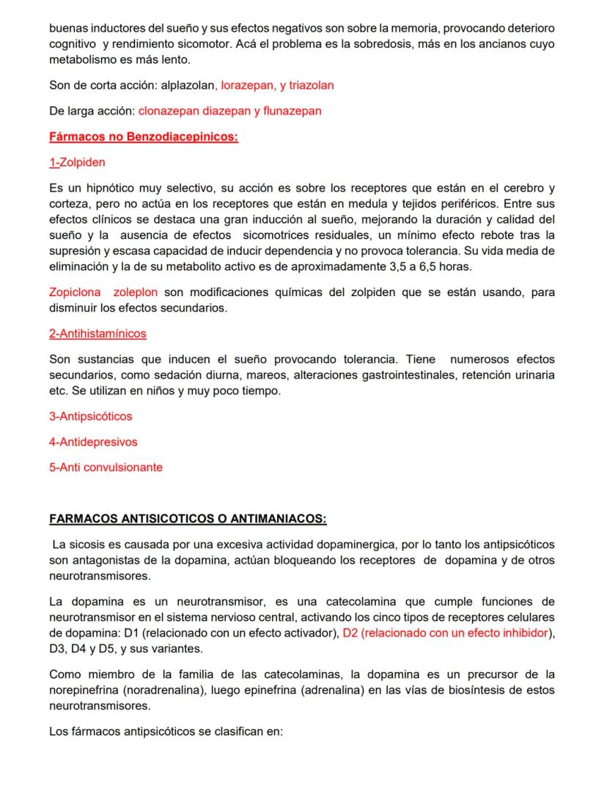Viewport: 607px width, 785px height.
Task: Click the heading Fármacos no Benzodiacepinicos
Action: point(144,137)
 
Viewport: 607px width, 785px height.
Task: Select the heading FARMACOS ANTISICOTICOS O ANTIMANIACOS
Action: point(188,519)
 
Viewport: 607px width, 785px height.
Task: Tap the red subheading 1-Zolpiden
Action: point(77,162)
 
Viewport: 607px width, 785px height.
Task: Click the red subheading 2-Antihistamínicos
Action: point(98,333)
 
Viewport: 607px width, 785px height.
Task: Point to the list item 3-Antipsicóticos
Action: point(91,416)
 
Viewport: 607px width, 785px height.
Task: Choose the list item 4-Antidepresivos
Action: point(93,442)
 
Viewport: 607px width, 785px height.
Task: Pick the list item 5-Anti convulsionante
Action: point(106,467)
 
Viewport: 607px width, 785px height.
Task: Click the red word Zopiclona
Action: point(75,292)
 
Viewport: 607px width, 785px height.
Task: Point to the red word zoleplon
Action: point(136,292)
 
